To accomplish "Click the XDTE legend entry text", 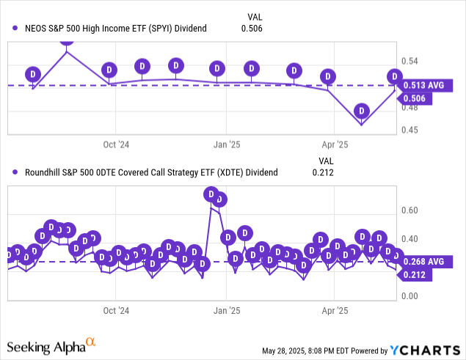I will pyautogui.click(x=150, y=173).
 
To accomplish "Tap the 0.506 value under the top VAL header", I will pyautogui.click(x=251, y=29).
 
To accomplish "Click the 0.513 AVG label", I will pyautogui.click(x=425, y=86).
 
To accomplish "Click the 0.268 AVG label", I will pyautogui.click(x=425, y=262).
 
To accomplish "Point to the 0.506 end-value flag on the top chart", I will pyautogui.click(x=418, y=98).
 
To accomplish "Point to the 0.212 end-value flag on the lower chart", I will pyautogui.click(x=418, y=276).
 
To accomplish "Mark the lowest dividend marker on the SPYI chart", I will pyautogui.click(x=360, y=111).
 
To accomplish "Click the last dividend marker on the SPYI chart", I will pyautogui.click(x=395, y=76).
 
